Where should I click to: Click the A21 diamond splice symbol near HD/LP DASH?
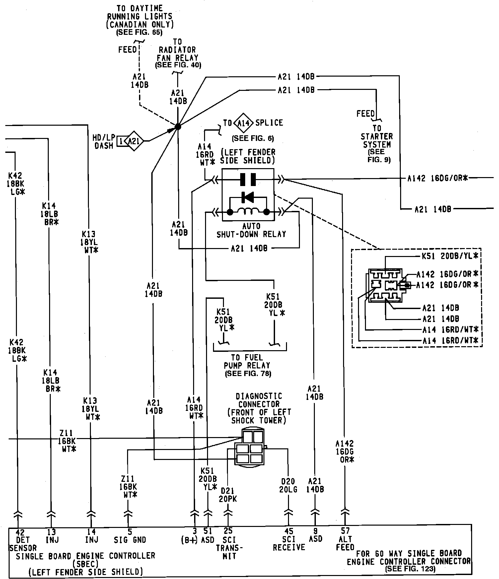coord(134,141)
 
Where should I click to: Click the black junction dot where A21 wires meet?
coord(178,126)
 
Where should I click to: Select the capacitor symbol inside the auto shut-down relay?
coord(248,179)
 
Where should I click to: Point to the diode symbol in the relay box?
coord(248,197)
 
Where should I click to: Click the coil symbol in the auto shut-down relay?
coord(248,211)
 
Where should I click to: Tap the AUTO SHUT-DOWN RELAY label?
coord(251,230)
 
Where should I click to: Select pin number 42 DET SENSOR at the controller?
coord(21,540)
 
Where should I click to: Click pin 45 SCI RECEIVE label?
coord(289,540)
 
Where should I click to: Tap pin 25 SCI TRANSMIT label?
coord(229,544)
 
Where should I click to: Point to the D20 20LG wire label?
coord(288,485)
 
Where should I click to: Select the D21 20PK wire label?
coord(228,495)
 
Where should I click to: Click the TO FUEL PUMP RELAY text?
coord(247,361)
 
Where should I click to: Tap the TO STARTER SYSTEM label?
coord(377,136)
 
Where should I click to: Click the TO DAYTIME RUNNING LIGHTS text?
coord(140,16)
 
